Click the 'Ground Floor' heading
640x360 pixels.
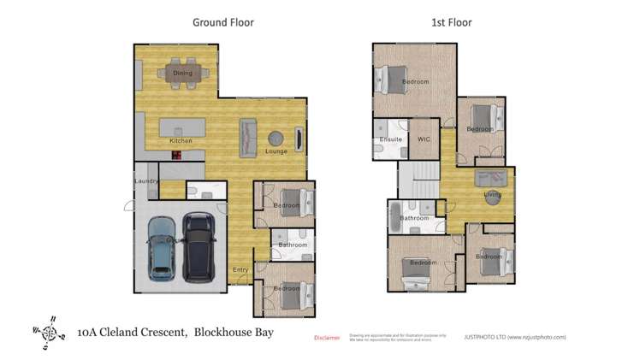pyautogui.click(x=222, y=23)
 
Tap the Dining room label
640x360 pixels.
pyautogui.click(x=182, y=74)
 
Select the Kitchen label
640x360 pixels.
pyautogui.click(x=181, y=140)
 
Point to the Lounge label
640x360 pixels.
pyautogui.click(x=276, y=151)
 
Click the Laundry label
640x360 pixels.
pyautogui.click(x=146, y=181)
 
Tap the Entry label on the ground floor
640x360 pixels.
pyautogui.click(x=241, y=270)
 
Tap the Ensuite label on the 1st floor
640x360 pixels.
pyautogui.click(x=391, y=139)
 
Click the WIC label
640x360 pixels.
pyautogui.click(x=424, y=139)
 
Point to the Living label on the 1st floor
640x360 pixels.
pyautogui.click(x=492, y=195)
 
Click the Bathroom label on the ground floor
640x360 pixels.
pyautogui.click(x=292, y=245)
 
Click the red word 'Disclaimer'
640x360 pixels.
pyautogui.click(x=328, y=338)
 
